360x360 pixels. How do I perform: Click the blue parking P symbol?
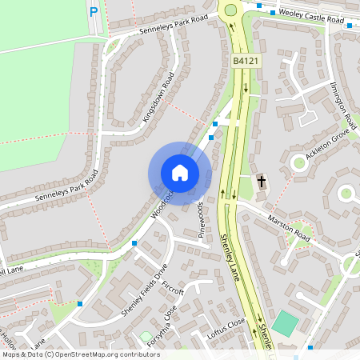click(x=94, y=12)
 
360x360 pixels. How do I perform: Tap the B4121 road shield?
click(x=245, y=62)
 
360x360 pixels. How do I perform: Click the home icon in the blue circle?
click(x=180, y=173)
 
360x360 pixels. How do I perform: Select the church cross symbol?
click(x=261, y=182)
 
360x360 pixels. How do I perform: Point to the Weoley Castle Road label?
click(x=309, y=13)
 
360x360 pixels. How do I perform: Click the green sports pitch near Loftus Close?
click(x=283, y=324)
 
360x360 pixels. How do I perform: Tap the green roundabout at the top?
click(x=233, y=10)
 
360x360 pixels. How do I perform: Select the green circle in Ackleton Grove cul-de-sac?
click(x=299, y=162)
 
